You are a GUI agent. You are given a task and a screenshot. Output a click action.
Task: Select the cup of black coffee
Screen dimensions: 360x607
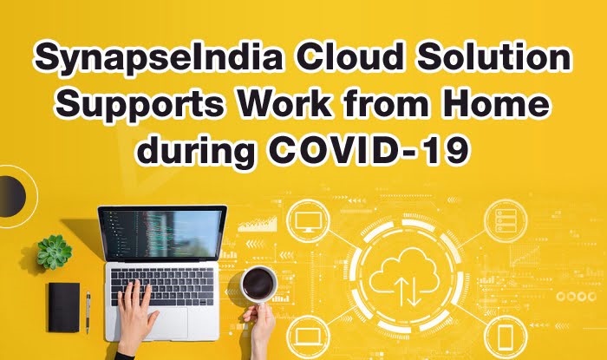click(x=258, y=284)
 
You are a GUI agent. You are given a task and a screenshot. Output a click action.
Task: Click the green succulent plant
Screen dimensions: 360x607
click(x=54, y=252)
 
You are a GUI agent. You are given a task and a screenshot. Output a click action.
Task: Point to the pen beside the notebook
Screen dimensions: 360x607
click(x=88, y=311)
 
